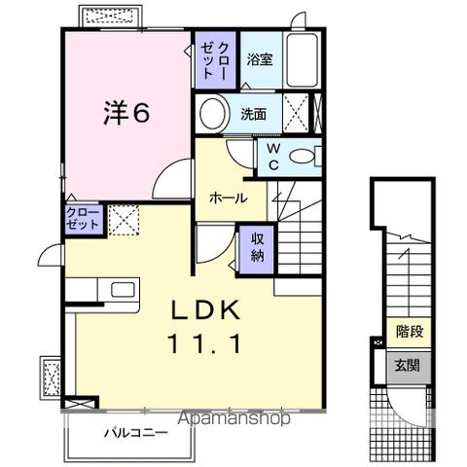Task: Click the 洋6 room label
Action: (126, 114)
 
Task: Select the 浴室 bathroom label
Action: (259, 58)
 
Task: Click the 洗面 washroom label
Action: (254, 114)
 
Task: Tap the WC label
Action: (273, 157)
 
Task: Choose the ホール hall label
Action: (228, 198)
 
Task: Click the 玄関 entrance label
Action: (407, 366)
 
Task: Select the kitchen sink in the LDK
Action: (124, 289)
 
